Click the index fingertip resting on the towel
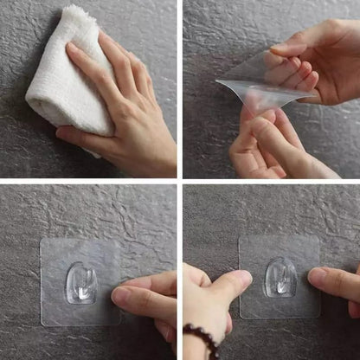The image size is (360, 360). coord(73,51)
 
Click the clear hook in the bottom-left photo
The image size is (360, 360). coord(80,284)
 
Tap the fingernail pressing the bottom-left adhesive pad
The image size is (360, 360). coord(120,295)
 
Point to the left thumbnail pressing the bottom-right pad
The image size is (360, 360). coord(242,278)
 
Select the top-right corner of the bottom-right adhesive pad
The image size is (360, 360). coord(318,236)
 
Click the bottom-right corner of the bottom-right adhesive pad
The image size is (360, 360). coord(319,317)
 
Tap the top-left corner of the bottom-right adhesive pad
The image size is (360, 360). coord(240,237)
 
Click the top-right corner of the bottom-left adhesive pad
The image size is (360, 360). coord(119,240)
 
